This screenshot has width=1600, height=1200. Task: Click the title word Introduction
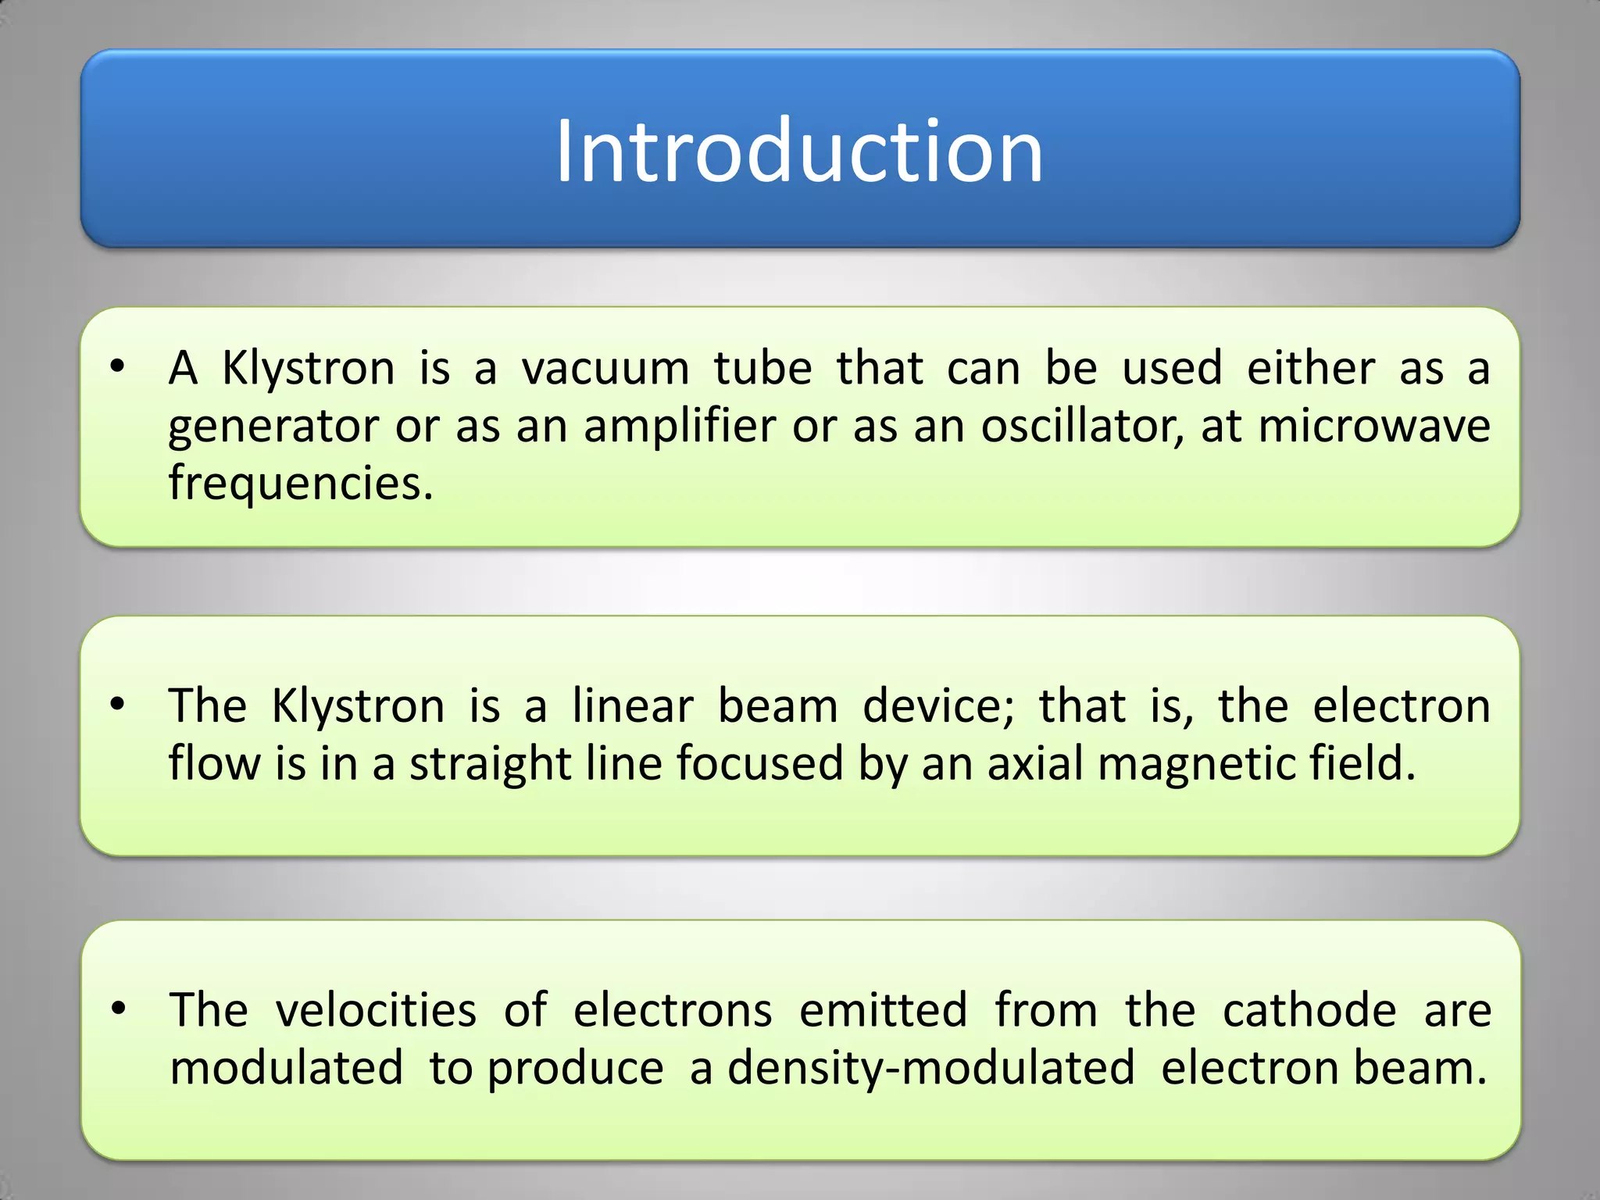tap(798, 151)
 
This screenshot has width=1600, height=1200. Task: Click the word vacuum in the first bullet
tap(605, 368)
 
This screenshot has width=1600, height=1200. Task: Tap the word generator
tap(273, 427)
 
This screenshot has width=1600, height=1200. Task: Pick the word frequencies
tap(301, 484)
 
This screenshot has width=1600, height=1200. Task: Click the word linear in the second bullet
tap(633, 705)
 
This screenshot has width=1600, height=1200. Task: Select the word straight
tap(491, 764)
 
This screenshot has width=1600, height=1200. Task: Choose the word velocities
tap(376, 1009)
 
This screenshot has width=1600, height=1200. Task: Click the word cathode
tap(1309, 1009)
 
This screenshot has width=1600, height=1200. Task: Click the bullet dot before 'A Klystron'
tap(117, 366)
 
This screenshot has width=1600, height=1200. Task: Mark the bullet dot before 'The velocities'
tap(118, 1009)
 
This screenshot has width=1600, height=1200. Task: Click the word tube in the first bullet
tap(763, 368)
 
